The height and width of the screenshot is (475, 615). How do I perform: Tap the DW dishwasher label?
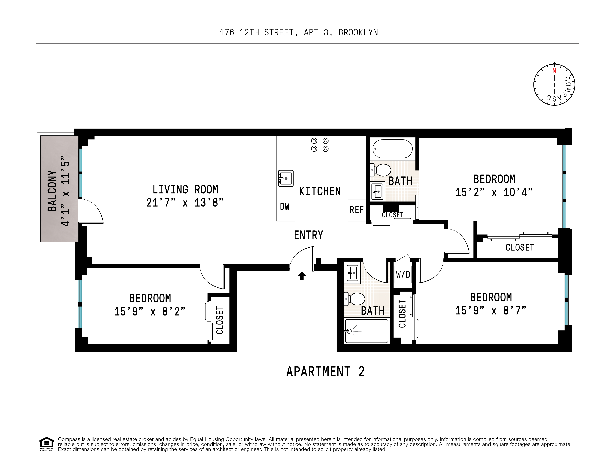[285, 206]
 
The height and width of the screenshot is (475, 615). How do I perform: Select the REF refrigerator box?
[357, 210]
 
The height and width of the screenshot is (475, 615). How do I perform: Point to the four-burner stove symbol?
[320, 145]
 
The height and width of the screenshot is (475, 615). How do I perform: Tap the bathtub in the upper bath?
[393, 149]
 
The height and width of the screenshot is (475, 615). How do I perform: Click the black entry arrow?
[302, 276]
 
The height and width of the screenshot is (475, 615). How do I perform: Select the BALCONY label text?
[52, 191]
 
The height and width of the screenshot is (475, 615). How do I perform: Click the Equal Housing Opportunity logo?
[46, 444]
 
